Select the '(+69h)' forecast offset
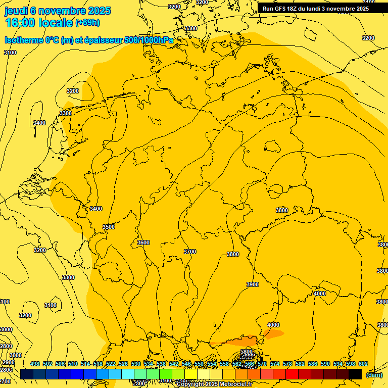click(87, 23)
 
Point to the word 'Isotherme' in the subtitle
click(25, 40)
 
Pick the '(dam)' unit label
click(374, 374)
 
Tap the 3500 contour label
click(109, 227)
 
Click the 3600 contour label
click(143, 243)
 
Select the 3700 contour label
click(190, 252)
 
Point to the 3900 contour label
click(253, 284)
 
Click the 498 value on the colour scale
click(35, 364)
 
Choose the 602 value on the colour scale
click(363, 364)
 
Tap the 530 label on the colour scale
click(136, 364)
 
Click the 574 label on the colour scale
click(274, 364)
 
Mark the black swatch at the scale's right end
click(355, 374)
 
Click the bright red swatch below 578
click(292, 374)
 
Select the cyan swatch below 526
click(128, 374)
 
